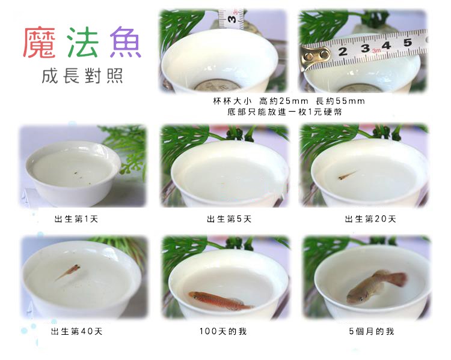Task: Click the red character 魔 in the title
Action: (x=39, y=43)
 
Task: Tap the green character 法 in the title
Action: (x=83, y=43)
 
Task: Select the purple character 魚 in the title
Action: (x=126, y=43)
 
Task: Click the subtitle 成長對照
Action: (x=82, y=76)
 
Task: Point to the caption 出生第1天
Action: (x=76, y=219)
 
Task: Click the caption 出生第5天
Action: (x=229, y=219)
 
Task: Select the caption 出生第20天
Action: (x=370, y=219)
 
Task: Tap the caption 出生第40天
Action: (x=76, y=332)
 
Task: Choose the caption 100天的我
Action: (x=223, y=332)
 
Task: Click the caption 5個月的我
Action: (x=372, y=332)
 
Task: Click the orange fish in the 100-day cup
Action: (x=221, y=301)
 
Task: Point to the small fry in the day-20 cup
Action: (x=347, y=175)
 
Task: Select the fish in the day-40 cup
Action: (x=69, y=272)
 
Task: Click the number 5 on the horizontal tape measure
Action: (x=407, y=43)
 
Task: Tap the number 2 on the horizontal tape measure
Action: (x=343, y=52)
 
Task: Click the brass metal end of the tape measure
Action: (x=314, y=56)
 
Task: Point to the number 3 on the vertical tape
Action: (x=232, y=19)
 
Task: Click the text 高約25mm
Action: (x=283, y=101)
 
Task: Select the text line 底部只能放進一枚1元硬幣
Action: (x=284, y=112)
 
